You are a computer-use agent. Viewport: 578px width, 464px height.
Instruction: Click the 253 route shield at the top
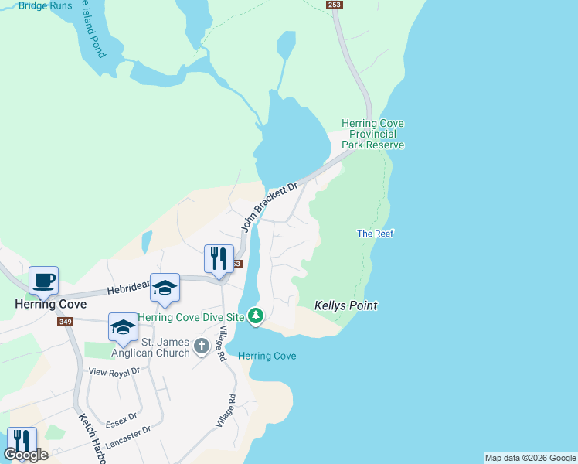(x=334, y=5)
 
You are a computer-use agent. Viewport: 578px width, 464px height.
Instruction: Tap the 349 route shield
(x=64, y=321)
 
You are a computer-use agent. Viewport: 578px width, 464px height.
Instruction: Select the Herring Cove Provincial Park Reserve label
(x=374, y=134)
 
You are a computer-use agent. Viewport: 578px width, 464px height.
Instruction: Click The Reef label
(x=376, y=234)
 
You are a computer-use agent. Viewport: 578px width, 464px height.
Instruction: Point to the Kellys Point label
(x=345, y=305)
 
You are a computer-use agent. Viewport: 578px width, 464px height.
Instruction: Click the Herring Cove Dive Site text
(x=192, y=317)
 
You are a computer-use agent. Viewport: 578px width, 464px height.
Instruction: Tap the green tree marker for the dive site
(x=256, y=316)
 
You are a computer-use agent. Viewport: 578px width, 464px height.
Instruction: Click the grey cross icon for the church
(x=202, y=346)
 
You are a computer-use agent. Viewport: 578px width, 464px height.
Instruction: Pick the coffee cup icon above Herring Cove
(x=43, y=279)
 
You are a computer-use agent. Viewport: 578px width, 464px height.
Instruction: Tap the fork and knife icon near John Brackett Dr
(x=219, y=258)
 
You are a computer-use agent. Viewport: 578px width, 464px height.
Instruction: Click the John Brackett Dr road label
(x=269, y=207)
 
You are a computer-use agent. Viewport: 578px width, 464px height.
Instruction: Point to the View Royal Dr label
(x=113, y=372)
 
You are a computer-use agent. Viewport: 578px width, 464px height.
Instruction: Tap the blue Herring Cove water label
(x=267, y=356)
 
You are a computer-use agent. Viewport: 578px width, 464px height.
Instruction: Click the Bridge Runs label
(x=46, y=5)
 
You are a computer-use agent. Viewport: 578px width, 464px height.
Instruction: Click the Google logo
(x=25, y=455)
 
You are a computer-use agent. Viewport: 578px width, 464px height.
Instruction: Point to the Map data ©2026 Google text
(x=529, y=458)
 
